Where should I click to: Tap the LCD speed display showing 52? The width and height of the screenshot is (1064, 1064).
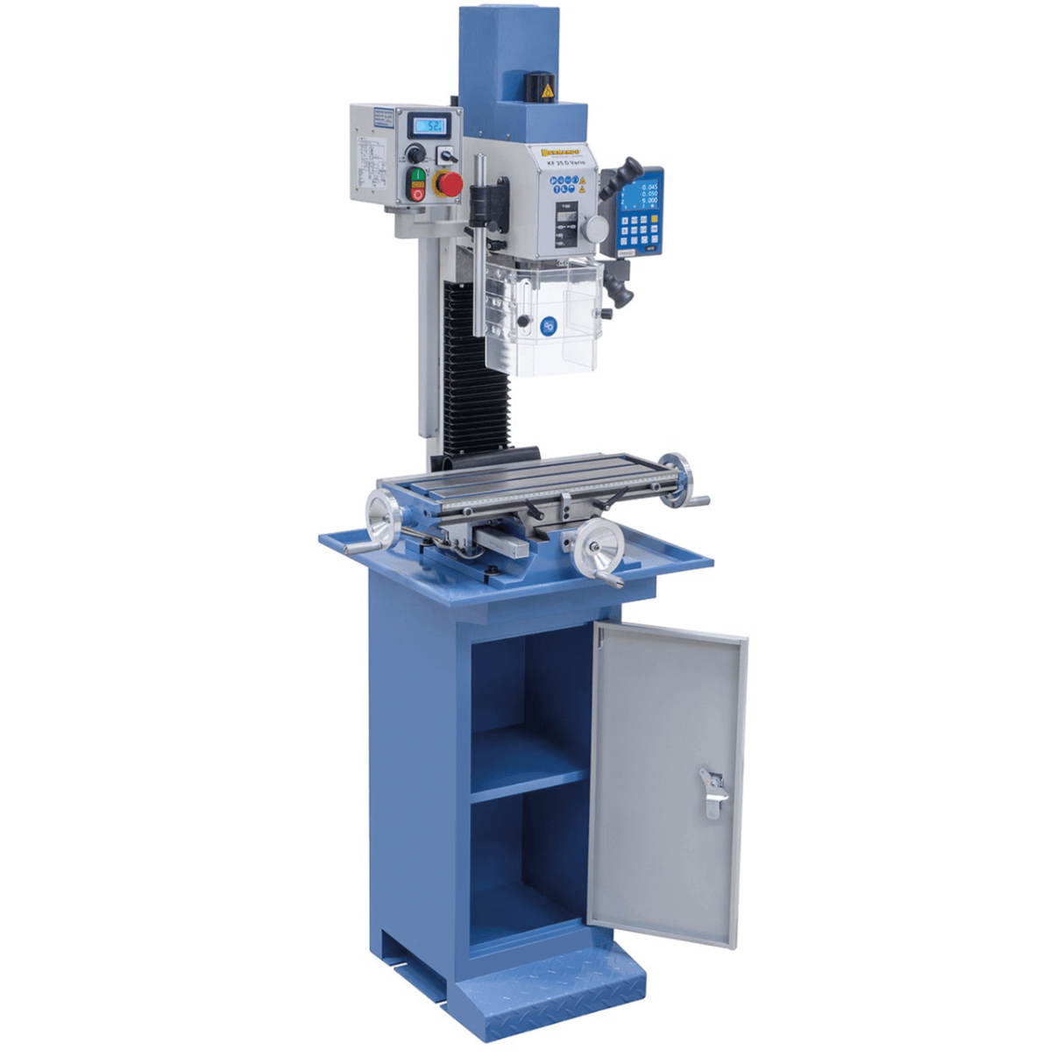tap(431, 125)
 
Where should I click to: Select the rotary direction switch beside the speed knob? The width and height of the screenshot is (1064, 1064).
tap(443, 155)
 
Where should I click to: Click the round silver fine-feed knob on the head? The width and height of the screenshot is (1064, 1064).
tap(595, 230)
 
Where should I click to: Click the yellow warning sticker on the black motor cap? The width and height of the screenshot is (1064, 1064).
tap(547, 90)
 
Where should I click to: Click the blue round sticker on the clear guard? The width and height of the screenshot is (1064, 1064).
tap(549, 324)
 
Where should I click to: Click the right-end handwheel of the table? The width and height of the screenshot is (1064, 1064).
tap(676, 479)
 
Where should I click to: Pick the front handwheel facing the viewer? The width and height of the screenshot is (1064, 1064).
tap(596, 544)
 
